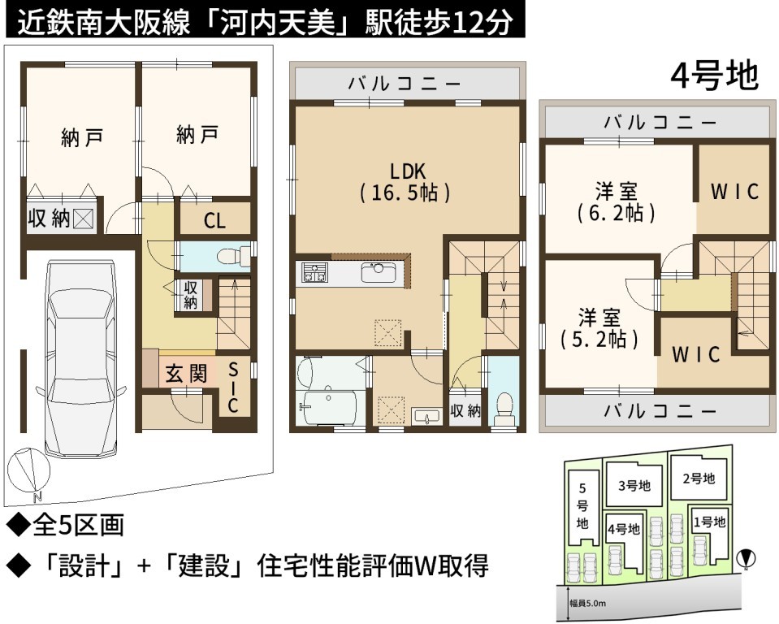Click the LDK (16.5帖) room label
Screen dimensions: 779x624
point(405,182)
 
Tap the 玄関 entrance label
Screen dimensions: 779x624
point(186,374)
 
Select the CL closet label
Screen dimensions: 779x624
point(214,221)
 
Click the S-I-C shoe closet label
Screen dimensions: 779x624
point(233,388)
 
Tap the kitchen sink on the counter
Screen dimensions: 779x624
point(379,272)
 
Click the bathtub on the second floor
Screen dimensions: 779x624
point(329,407)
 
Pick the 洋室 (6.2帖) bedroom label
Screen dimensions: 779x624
point(616,202)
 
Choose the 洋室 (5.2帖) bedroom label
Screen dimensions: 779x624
point(599,328)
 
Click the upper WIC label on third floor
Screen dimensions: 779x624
point(735,192)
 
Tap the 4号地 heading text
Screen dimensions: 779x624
point(714,76)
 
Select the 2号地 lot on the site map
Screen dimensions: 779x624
point(699,479)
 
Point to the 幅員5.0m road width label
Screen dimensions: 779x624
point(588,604)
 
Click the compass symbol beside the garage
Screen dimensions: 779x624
point(28,472)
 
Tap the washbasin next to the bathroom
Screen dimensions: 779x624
point(426,416)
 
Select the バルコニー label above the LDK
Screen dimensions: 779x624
point(405,83)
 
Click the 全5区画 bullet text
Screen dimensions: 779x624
point(65,525)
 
